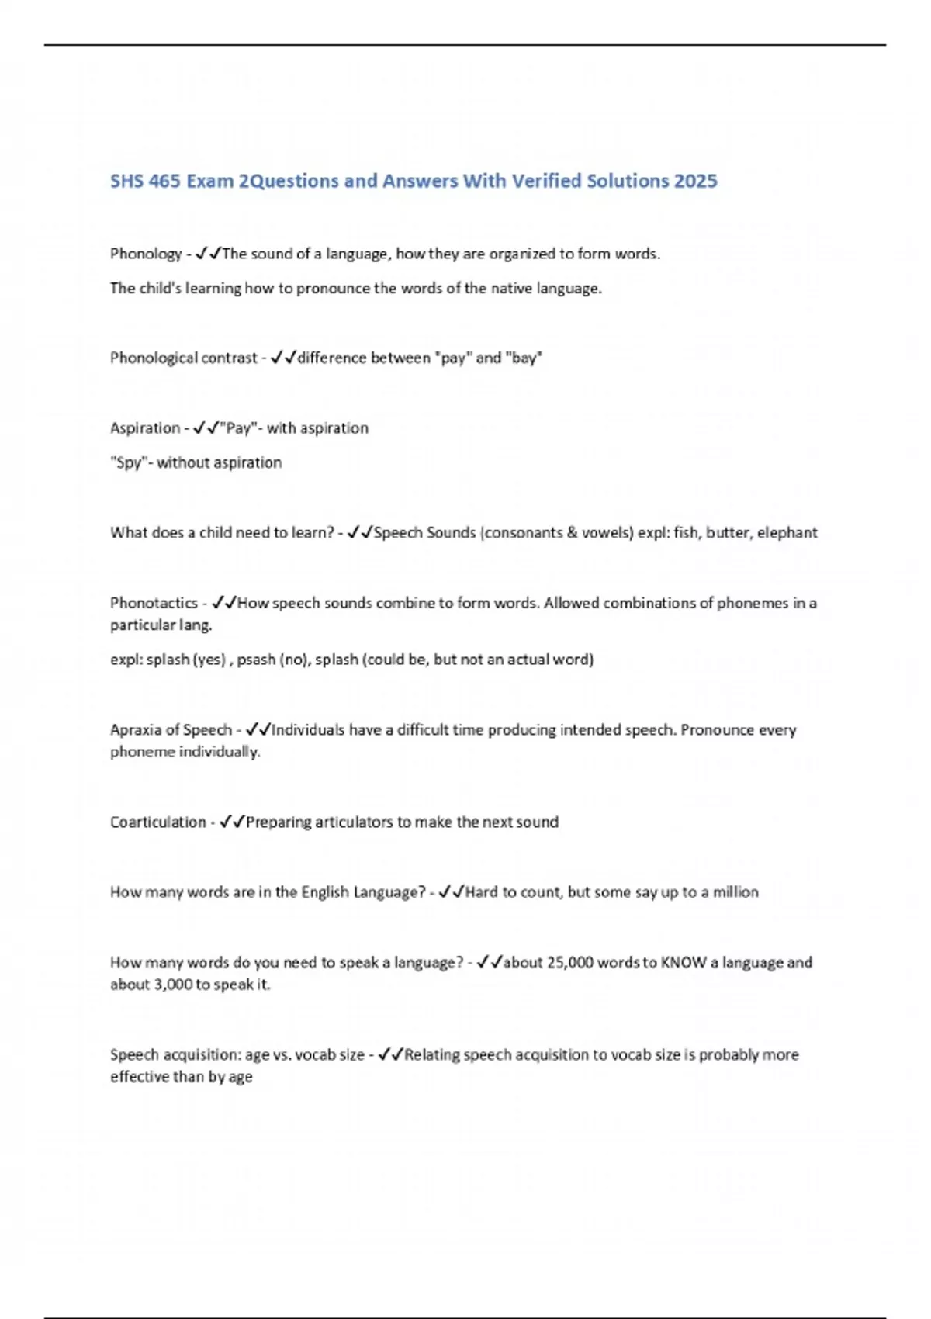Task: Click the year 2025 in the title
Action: [x=695, y=181]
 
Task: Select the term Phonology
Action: [x=146, y=254]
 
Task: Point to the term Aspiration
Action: [x=145, y=428]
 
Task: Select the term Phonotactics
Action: [x=154, y=603]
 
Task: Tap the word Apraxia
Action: [x=133, y=730]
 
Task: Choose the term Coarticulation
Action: [x=157, y=822]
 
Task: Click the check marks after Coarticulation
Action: [x=232, y=822]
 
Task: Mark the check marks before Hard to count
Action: [x=451, y=892]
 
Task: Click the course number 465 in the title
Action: [x=164, y=181]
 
